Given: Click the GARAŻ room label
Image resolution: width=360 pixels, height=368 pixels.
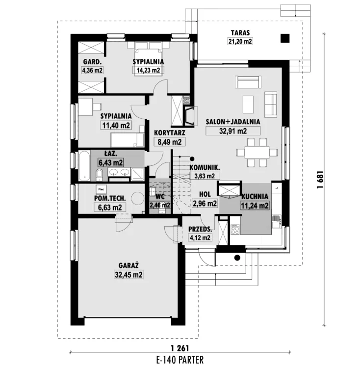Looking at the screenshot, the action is [129, 265].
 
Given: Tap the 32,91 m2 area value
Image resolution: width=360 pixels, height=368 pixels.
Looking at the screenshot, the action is [233, 131].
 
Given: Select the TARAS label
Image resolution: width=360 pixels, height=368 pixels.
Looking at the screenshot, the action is [240, 33].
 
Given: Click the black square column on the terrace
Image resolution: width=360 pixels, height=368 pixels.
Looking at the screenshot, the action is [285, 38].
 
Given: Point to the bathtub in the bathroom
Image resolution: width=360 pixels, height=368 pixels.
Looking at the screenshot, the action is [84, 166].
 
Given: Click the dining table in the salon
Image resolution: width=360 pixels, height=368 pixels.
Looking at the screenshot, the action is [257, 153].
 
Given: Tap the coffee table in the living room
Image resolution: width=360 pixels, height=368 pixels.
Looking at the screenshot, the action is [248, 105].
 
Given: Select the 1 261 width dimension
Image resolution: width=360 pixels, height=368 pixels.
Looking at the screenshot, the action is [180, 348].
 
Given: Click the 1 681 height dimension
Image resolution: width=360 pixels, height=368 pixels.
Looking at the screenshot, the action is [320, 180].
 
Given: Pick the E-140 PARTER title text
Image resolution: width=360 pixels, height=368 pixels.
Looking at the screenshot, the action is [180, 360].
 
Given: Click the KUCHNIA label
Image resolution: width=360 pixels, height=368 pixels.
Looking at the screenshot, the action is [255, 197].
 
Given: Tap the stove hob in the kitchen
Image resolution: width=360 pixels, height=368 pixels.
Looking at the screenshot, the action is [235, 230].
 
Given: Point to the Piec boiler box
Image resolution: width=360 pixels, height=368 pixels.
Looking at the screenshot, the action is [101, 189].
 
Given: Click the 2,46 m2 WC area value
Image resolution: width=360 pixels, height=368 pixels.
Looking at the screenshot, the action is [160, 205].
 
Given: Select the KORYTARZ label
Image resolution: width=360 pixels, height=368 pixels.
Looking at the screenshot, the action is [170, 133].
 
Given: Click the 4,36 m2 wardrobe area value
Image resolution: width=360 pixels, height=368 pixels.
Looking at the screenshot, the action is [92, 70].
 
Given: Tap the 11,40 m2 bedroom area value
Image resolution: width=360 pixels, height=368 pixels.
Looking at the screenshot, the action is [116, 125].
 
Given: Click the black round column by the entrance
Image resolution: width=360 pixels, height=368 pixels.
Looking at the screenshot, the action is [237, 258].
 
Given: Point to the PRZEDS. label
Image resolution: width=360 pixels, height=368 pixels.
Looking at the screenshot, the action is [200, 229].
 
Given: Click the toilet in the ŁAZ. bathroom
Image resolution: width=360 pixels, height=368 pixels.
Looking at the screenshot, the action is [100, 175].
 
